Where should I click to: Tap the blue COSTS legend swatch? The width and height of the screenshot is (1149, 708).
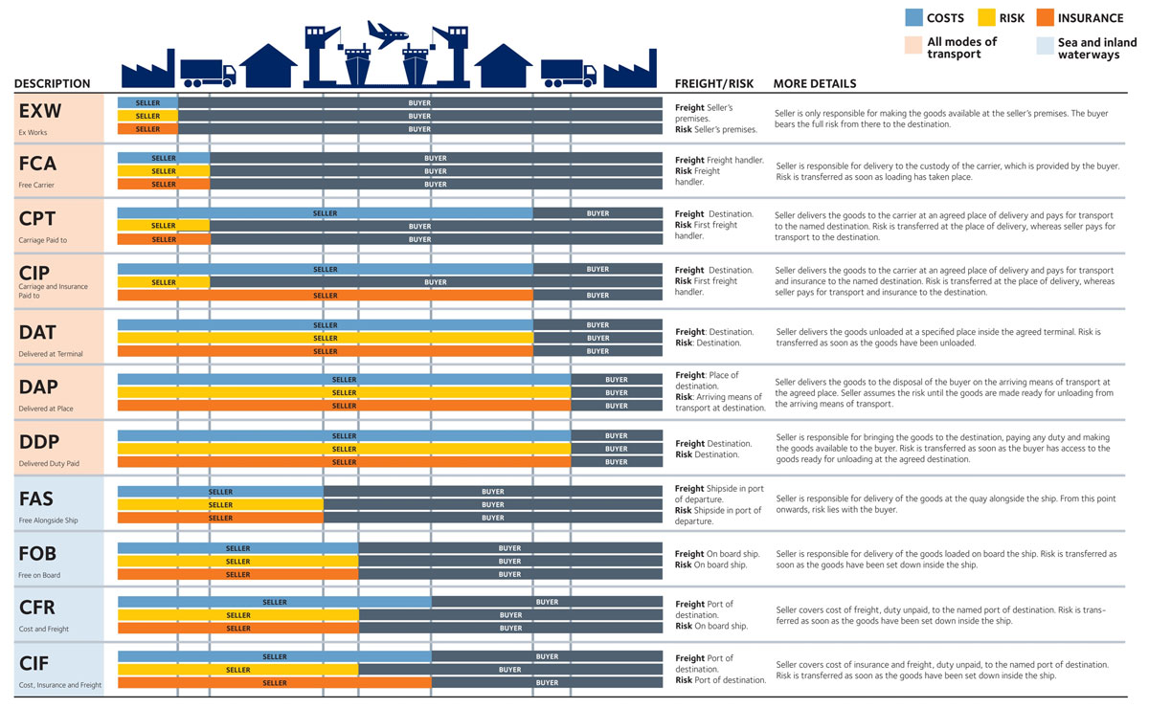(913, 17)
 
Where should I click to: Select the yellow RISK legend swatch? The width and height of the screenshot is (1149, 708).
(985, 17)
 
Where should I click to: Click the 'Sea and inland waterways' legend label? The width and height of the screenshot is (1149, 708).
(1096, 49)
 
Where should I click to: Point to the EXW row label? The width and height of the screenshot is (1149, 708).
(40, 112)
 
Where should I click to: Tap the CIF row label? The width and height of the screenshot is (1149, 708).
(34, 663)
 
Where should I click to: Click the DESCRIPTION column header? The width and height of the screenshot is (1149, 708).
(53, 84)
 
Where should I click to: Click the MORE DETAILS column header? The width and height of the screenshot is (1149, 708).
(815, 84)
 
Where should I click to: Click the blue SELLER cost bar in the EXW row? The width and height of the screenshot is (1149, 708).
(147, 102)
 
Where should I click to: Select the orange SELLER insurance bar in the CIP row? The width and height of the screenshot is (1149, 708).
(326, 296)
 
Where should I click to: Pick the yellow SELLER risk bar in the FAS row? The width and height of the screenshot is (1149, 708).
(220, 505)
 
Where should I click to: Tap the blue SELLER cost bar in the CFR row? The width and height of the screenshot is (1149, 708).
(274, 603)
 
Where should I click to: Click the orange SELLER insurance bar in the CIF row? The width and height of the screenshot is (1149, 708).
(274, 683)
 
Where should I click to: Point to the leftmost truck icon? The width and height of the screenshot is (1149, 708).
(208, 72)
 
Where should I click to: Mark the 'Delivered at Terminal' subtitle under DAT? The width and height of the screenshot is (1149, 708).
(51, 354)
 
